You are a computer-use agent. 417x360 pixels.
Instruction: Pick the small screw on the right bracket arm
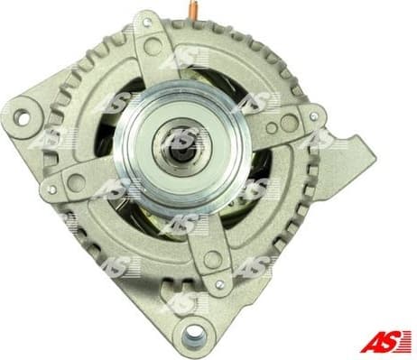pos(313,115)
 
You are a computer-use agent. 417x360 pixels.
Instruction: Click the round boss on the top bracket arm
pos(153,45)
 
